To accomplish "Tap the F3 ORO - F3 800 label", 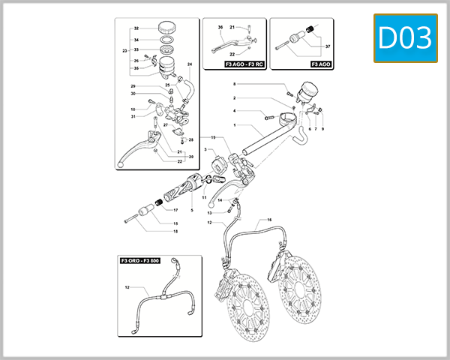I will (139, 261).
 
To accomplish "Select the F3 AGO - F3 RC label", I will (244, 65).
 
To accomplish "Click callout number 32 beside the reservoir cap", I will (136, 27).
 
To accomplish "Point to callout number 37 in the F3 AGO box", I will (326, 46).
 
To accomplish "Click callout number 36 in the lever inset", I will (220, 28).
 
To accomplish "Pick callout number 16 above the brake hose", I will (269, 220).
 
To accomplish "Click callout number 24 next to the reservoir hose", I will (190, 64).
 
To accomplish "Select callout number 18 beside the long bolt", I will (175, 231).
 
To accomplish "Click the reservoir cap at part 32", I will (165, 27).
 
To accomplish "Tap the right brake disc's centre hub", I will (304, 288).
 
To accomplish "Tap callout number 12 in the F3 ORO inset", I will (127, 287).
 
